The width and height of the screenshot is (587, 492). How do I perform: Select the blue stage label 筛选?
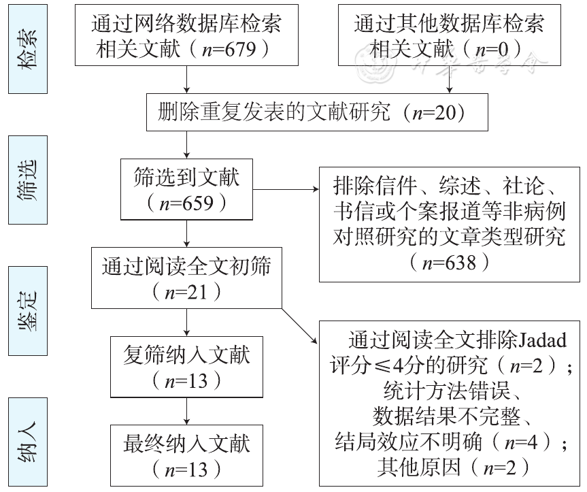27,180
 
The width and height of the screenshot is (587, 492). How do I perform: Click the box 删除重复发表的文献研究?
317,112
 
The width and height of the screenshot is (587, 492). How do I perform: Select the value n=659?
186,202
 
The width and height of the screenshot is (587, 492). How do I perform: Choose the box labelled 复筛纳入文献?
186,366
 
